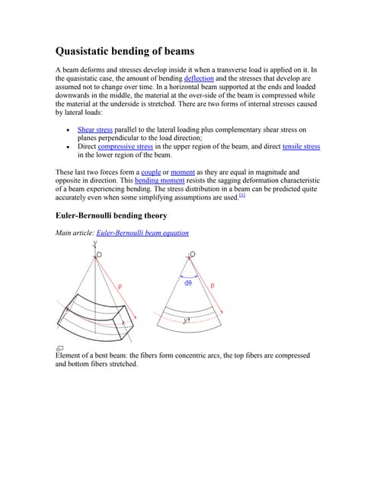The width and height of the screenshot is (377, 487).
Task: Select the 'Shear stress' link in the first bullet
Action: click(x=95, y=130)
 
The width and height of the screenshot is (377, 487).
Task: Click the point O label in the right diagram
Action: click(x=193, y=254)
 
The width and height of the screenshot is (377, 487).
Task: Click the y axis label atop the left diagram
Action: click(x=95, y=243)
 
